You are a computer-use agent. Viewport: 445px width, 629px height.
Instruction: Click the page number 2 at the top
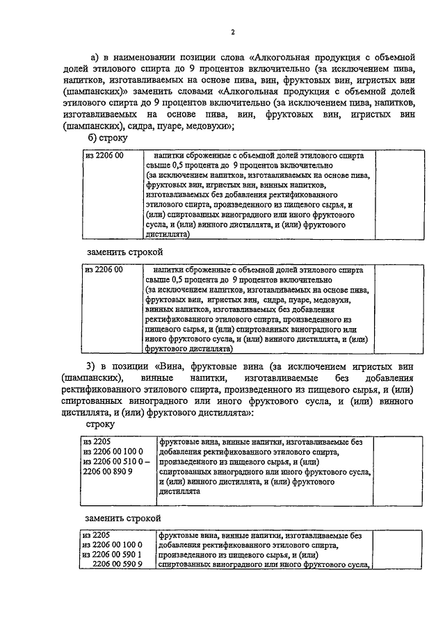pos(234,32)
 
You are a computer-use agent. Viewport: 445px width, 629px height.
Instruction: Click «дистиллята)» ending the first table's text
pos(168,235)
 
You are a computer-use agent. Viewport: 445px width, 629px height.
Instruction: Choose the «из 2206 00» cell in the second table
pos(104,269)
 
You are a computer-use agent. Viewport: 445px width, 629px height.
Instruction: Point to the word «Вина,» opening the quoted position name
pos(172,365)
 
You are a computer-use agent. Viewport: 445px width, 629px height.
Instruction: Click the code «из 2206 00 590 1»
pos(113,555)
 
